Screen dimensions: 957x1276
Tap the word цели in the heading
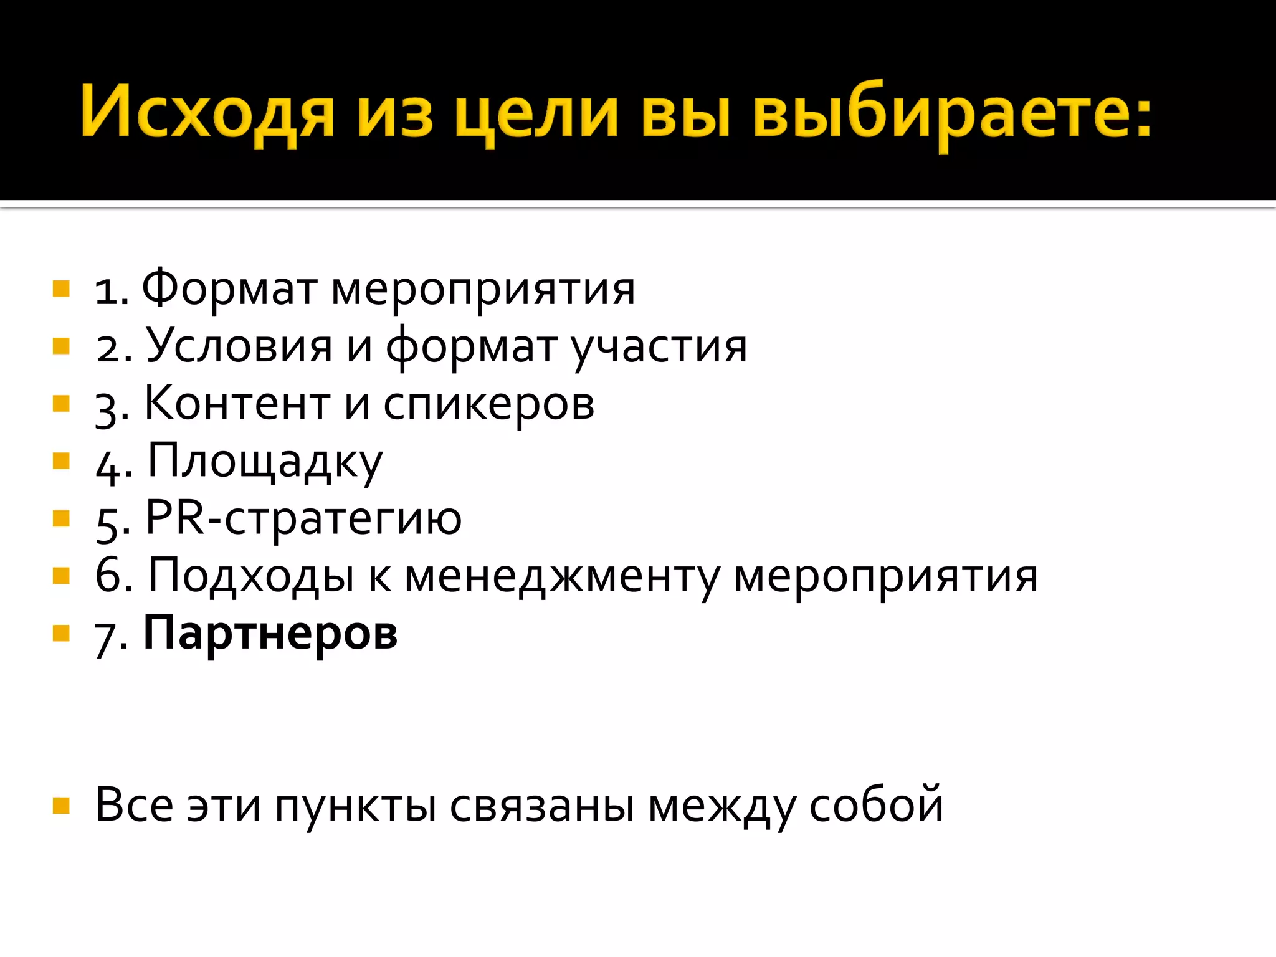536,115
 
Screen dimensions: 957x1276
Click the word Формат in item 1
229,288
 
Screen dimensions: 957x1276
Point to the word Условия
239,346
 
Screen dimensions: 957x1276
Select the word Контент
237,403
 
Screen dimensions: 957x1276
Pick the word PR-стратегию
303,518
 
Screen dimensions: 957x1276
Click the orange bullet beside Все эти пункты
61,806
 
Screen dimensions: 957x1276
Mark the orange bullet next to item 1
61,288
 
